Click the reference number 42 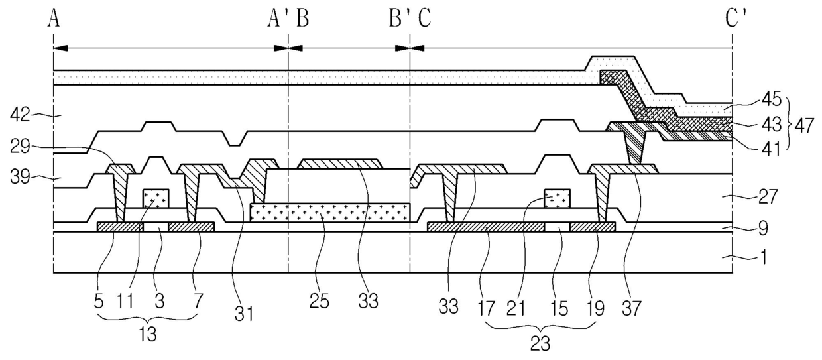tap(20, 115)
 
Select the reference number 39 tap(20, 178)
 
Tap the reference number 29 tap(20, 147)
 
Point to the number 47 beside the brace tap(804, 126)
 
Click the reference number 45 tap(772, 99)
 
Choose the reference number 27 tap(768, 197)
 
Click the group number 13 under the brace tap(148, 334)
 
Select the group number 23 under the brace tap(540, 344)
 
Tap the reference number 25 tap(319, 302)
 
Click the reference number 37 tap(631, 308)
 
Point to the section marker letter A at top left tap(54, 19)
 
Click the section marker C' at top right tap(736, 19)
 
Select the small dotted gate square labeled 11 tap(156, 198)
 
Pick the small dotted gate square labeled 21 tap(557, 198)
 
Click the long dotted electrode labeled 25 tap(330, 212)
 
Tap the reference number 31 tap(244, 314)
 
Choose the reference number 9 tap(763, 228)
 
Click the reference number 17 tap(486, 308)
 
